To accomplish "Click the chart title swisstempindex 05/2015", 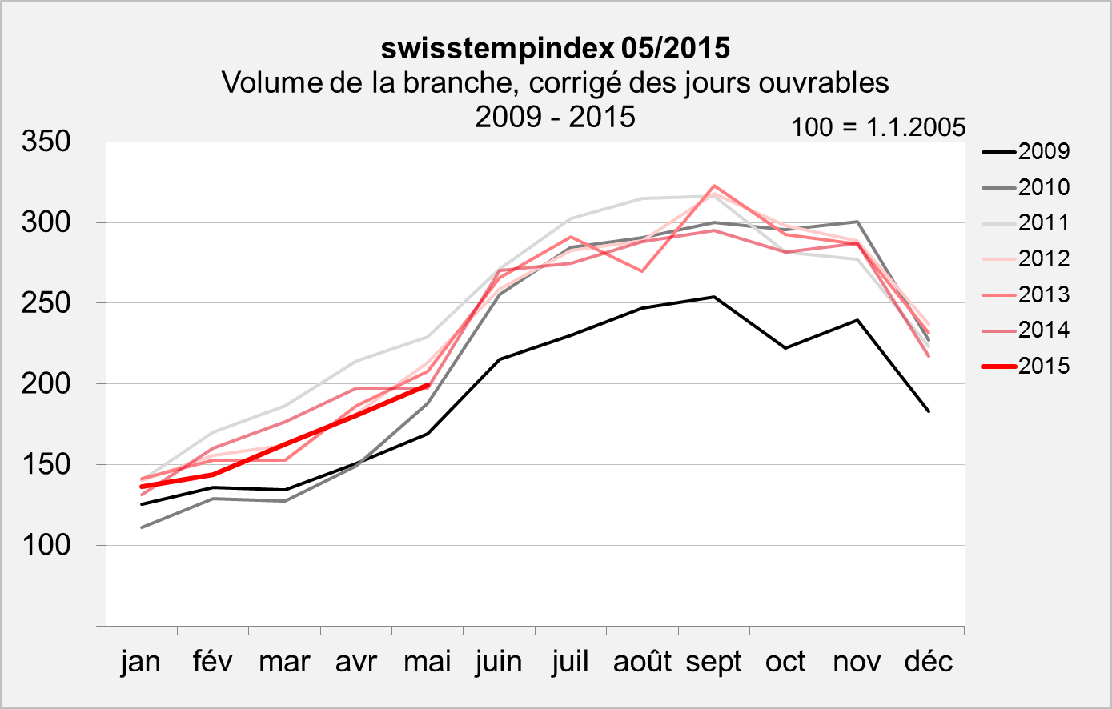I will coord(555,48).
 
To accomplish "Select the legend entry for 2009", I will coord(1026,151).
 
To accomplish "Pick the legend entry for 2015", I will coord(1026,366).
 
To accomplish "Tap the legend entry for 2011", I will coord(1026,222).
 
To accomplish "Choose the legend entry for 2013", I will coord(1026,294).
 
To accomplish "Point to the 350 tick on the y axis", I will coord(47,142).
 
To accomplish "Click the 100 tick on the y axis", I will coord(47,545).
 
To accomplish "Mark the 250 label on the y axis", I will coord(47,303).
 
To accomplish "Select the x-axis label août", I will coord(642,662).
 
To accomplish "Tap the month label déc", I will coord(928,662).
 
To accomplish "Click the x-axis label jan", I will coord(141,662).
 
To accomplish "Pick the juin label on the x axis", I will coord(499,662).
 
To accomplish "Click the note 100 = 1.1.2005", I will coord(878,127).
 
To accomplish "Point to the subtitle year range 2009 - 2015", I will coord(555,117).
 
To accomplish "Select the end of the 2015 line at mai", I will coord(428,385).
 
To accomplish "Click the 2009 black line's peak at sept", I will coord(713,297).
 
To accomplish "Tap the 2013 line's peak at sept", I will coord(713,186).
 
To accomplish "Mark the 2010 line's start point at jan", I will coord(141,527).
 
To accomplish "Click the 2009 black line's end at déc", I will coord(929,411).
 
